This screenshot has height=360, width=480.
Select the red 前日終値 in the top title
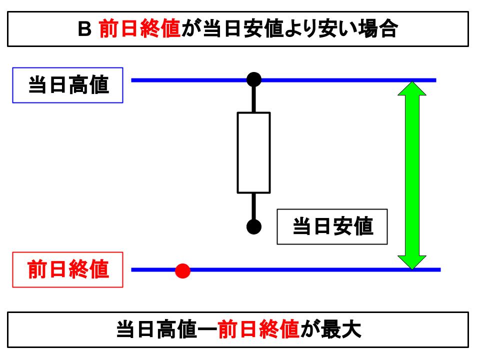point(139,30)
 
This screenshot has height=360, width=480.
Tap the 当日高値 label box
point(67,85)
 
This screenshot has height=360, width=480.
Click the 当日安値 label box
point(332,226)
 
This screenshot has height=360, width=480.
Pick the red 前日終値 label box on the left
point(67,270)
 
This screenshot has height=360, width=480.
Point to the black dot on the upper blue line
point(254,79)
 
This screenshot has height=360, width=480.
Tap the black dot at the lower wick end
point(254,226)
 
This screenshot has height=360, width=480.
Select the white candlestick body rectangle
point(253,152)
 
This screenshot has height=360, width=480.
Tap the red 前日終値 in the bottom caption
point(258,329)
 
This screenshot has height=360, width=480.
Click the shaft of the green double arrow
point(411,175)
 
